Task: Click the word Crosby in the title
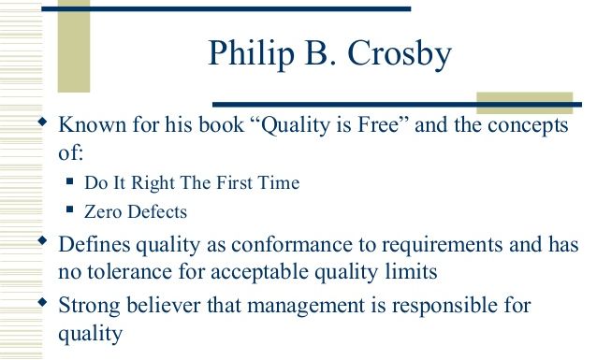coord(400,54)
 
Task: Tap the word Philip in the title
coord(252,54)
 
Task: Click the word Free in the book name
coord(382,124)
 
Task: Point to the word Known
coord(92,124)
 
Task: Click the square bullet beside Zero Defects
coord(69,209)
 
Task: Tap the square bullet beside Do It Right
coord(69,180)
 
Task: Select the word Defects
coord(157,211)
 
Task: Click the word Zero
coord(104,211)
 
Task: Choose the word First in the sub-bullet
coord(234,182)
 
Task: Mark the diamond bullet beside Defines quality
coord(43,240)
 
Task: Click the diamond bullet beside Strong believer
coord(43,302)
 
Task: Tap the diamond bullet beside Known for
coord(43,122)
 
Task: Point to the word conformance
coord(292,245)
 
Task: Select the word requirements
coord(442,246)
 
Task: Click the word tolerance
coord(129,272)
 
